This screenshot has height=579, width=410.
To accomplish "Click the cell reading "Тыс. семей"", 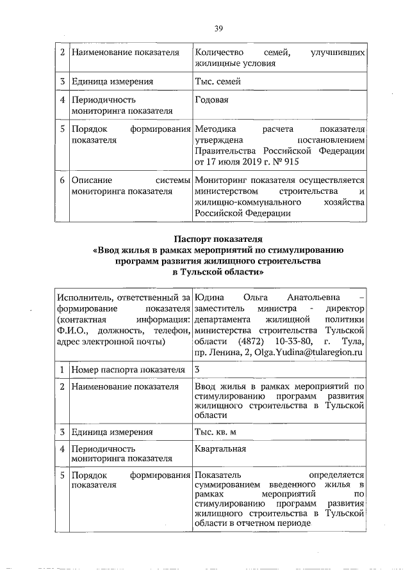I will click(x=218, y=81).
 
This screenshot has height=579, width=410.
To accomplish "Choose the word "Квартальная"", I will click(x=221, y=448).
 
